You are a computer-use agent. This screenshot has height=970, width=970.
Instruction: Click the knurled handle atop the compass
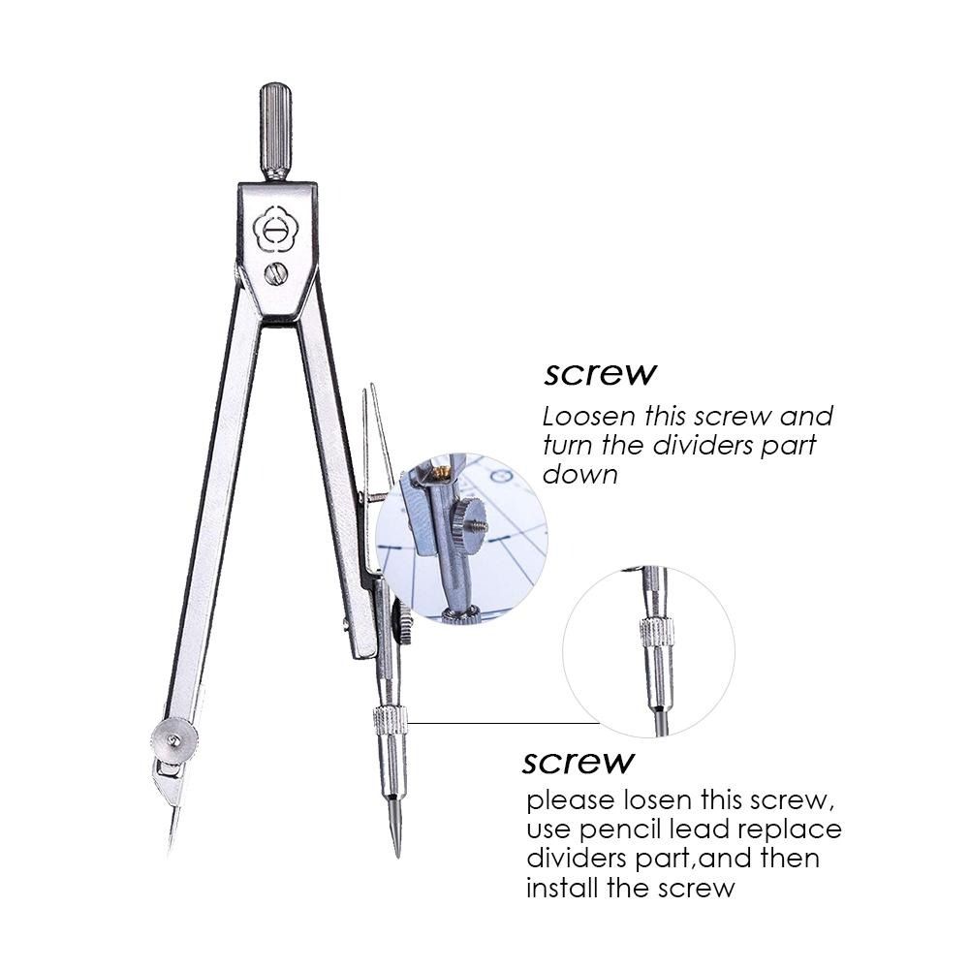tap(275, 130)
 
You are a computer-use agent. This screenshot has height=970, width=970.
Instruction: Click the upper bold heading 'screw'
tap(600, 373)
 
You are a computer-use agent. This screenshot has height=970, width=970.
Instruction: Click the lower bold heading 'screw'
tap(579, 761)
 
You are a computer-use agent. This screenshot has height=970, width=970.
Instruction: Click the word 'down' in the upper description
tap(580, 475)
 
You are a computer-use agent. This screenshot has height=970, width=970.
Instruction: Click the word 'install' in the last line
tap(562, 887)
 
